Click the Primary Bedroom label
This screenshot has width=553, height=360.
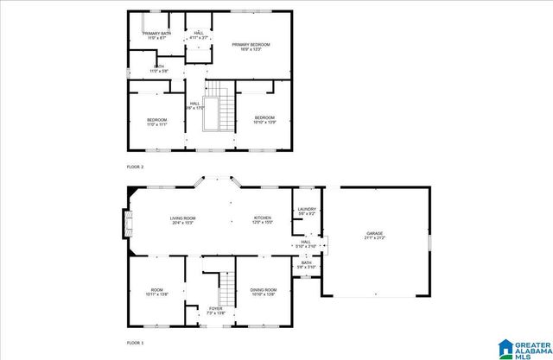click(x=251, y=47)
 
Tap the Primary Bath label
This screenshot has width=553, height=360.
click(x=156, y=35)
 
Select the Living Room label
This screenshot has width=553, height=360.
click(x=182, y=221)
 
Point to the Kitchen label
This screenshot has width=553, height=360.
click(x=263, y=221)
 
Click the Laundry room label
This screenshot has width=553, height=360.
click(x=307, y=211)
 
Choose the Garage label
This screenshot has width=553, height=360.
click(x=374, y=235)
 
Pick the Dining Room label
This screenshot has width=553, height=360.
click(x=264, y=292)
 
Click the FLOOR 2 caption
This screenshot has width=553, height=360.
click(x=135, y=167)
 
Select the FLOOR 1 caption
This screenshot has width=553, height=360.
click(x=135, y=343)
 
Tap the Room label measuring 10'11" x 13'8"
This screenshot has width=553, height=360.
click(x=156, y=292)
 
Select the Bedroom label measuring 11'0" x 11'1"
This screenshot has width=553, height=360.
click(x=156, y=122)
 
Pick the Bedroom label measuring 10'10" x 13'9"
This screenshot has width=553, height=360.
click(x=264, y=120)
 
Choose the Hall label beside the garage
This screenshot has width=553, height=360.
click(x=306, y=244)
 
